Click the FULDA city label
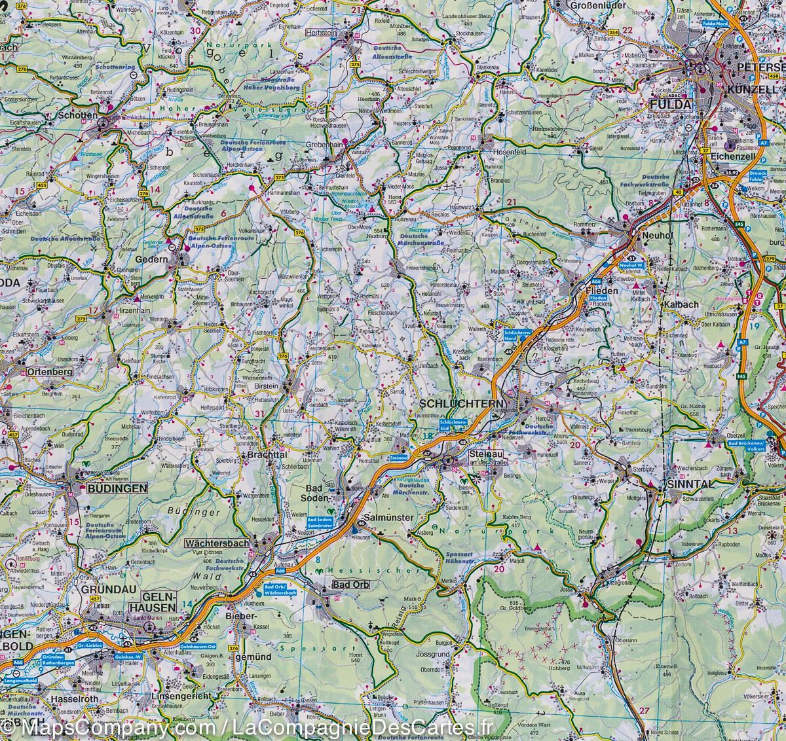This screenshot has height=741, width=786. [669, 105]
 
